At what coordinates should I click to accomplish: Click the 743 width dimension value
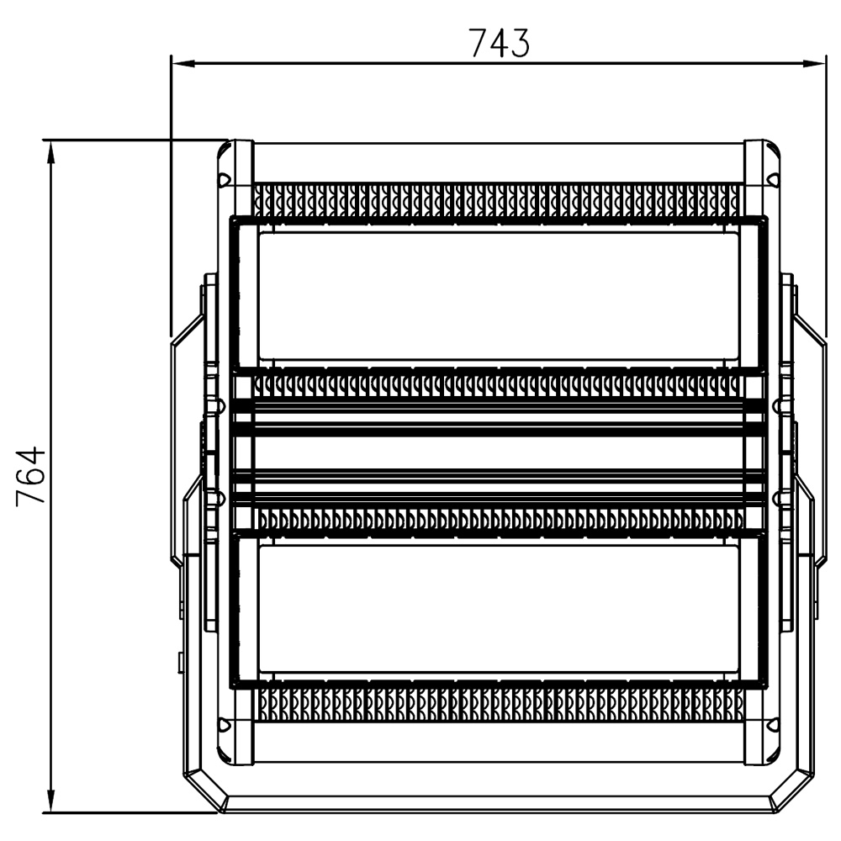tap(500, 43)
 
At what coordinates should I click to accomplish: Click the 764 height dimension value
tap(31, 475)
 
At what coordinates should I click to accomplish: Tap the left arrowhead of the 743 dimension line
tap(182, 64)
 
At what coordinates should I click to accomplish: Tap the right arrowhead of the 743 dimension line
tap(813, 64)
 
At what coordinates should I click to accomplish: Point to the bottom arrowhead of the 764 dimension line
tap(51, 801)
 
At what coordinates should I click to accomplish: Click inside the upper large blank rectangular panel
tap(499, 296)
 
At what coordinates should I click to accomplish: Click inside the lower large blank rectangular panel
tap(499, 609)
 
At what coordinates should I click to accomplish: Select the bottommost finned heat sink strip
tap(501, 704)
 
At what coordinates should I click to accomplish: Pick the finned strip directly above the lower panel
tap(501, 519)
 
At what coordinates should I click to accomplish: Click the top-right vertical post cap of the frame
tap(754, 161)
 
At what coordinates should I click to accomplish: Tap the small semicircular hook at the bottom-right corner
tap(773, 726)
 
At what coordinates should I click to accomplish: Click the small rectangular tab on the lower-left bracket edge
tap(179, 663)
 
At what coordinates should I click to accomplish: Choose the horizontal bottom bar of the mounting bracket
tap(499, 803)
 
